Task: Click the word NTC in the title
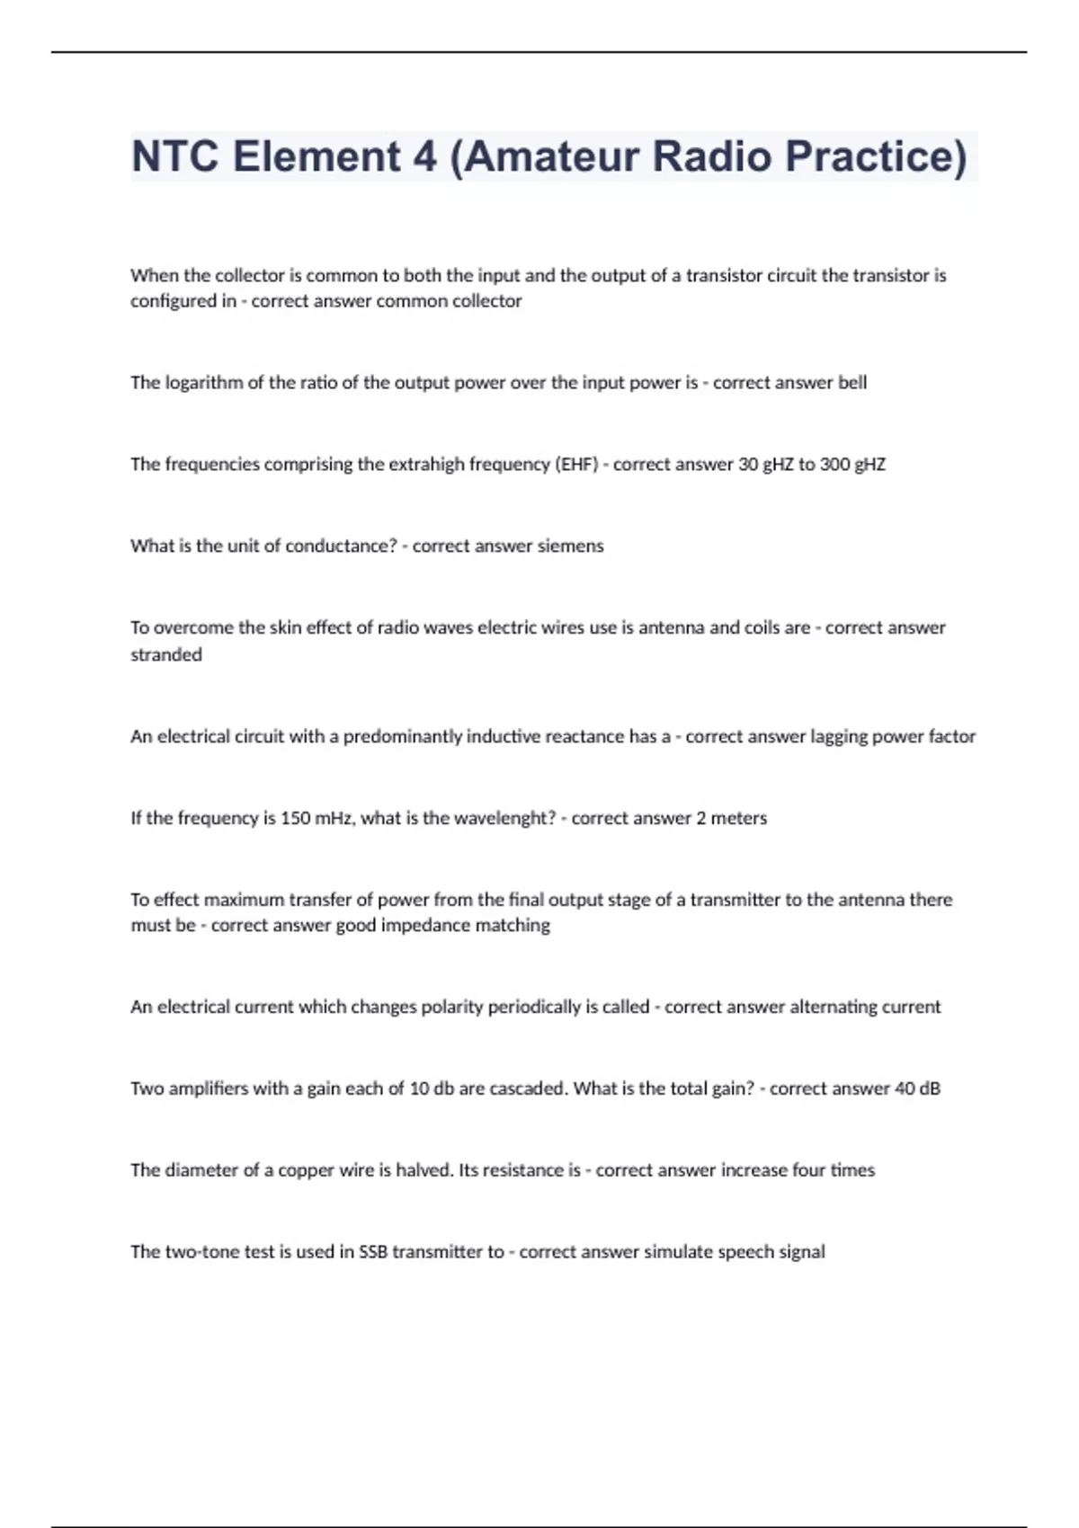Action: (x=174, y=156)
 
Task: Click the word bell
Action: (x=852, y=383)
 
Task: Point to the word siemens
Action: (x=570, y=546)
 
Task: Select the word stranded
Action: (x=166, y=655)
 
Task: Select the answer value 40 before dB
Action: (x=905, y=1089)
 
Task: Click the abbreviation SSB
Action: (x=373, y=1252)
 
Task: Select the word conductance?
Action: (x=341, y=546)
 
